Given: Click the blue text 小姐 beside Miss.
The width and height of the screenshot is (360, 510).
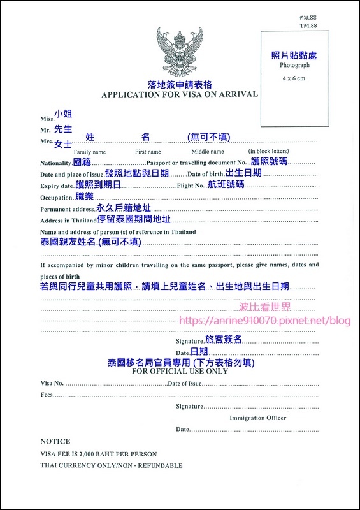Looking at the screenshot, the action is pyautogui.click(x=63, y=113).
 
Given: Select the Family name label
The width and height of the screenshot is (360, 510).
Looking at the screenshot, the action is pyautogui.click(x=90, y=152).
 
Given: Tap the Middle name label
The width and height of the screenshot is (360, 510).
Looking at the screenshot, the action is pyautogui.click(x=208, y=152).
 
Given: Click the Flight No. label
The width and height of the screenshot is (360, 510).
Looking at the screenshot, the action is pyautogui.click(x=194, y=186).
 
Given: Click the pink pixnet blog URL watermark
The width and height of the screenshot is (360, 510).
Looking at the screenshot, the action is pyautogui.click(x=265, y=320).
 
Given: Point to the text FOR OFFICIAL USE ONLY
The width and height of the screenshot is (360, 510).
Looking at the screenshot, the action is pyautogui.click(x=179, y=371).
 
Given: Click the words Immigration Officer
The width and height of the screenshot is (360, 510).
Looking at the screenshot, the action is pyautogui.click(x=257, y=418).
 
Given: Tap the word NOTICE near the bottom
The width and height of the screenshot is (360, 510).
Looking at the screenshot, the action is pyautogui.click(x=55, y=441).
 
